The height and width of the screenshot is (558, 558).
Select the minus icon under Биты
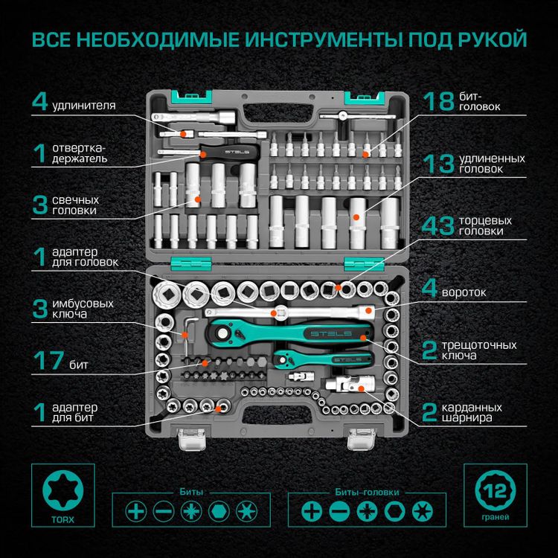tap(164, 512)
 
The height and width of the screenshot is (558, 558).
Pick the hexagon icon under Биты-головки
tap(394, 512)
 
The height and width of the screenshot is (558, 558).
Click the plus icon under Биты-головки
tap(311, 512)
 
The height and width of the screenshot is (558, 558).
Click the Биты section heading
tap(191, 492)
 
